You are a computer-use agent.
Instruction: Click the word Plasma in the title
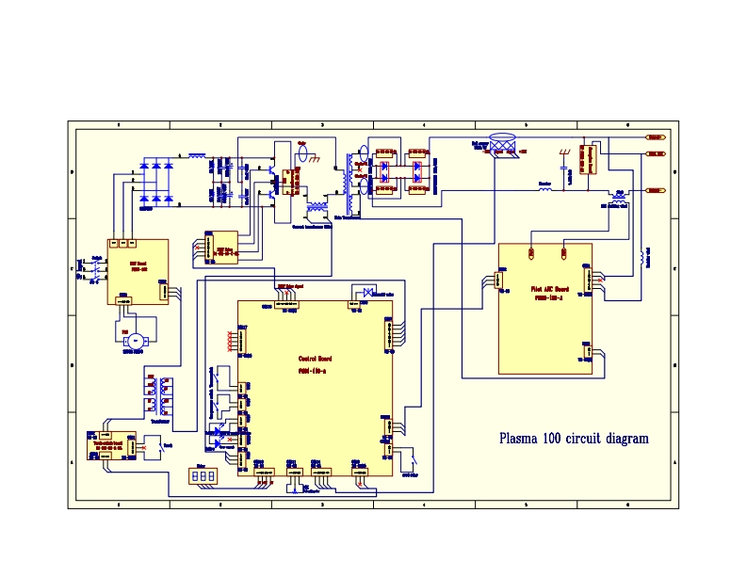coord(519,439)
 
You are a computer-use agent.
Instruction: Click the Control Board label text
coord(315,359)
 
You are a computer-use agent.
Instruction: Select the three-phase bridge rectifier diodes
coord(156,182)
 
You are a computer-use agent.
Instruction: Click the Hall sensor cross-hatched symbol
coord(506,145)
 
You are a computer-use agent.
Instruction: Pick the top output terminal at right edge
coord(655,137)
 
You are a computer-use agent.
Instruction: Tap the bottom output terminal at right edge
coord(655,190)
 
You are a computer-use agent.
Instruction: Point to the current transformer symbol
coord(317,206)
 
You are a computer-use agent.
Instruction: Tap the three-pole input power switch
coord(94,268)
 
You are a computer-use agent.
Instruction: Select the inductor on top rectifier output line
coord(197,154)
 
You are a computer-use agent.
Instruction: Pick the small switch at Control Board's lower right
coord(413,460)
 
